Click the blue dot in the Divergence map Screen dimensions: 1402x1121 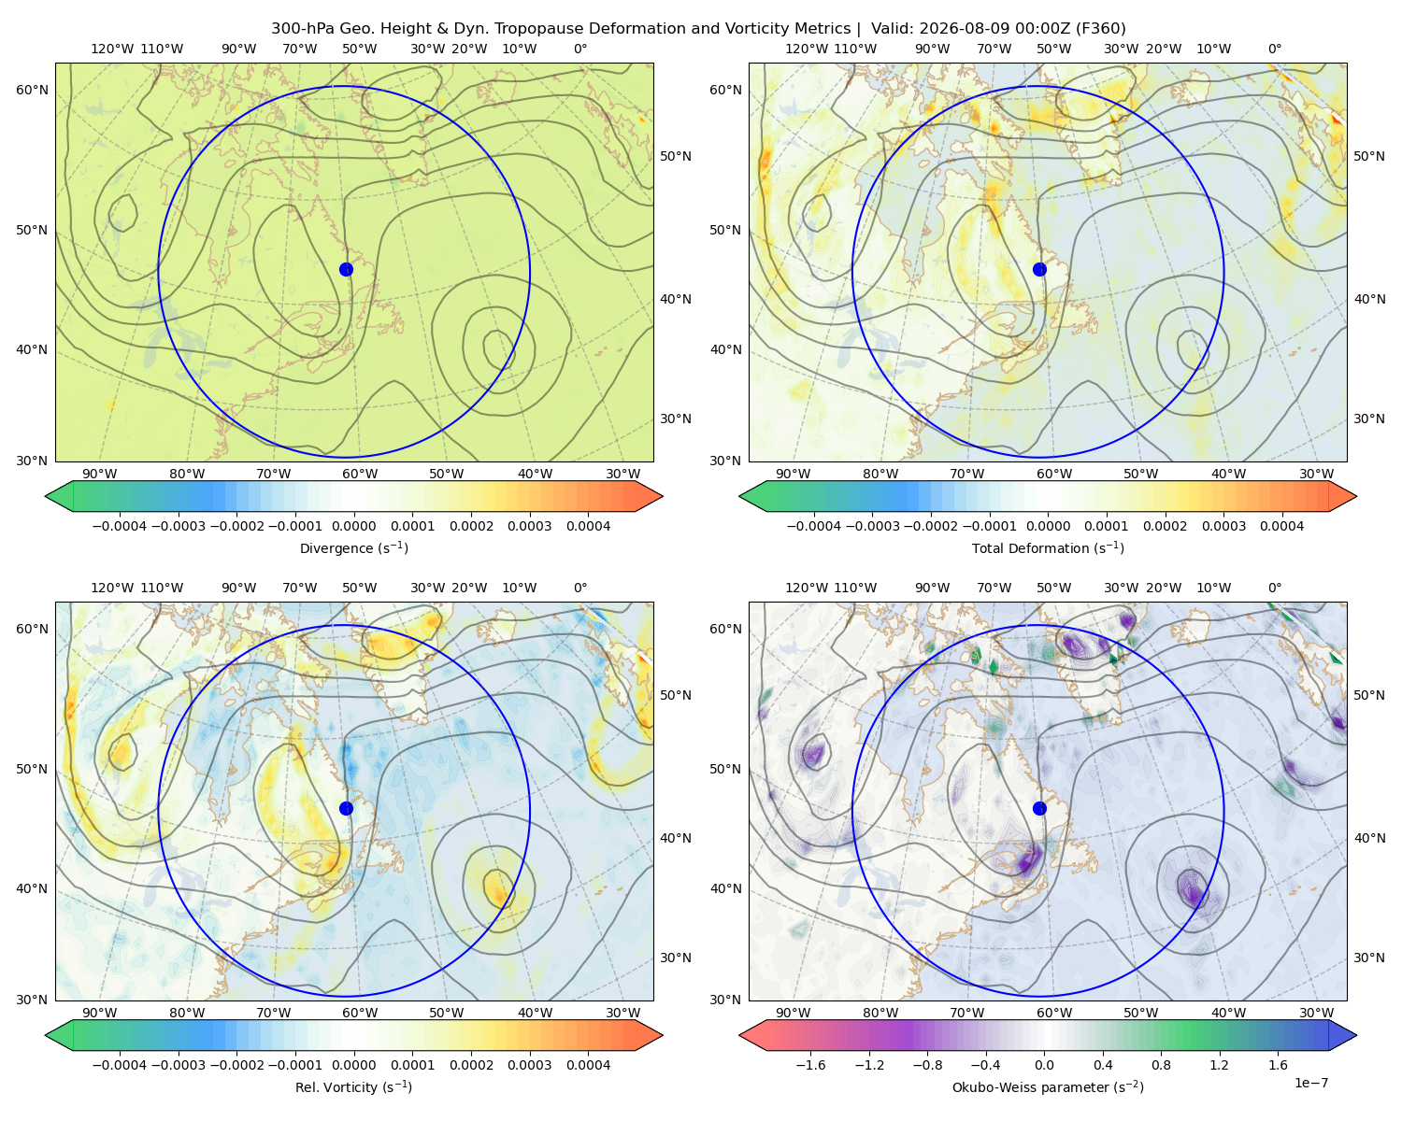pyautogui.click(x=346, y=270)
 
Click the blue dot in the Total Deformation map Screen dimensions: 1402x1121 pyautogui.click(x=1039, y=270)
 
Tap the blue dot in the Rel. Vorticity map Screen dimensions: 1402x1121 pyautogui.click(x=346, y=808)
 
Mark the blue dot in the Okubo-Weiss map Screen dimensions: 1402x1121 pyautogui.click(x=1039, y=808)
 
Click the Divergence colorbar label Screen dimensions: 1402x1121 pyautogui.click(x=353, y=548)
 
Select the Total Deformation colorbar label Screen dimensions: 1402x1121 pyautogui.click(x=1048, y=548)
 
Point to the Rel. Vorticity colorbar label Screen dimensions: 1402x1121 pyautogui.click(x=353, y=1087)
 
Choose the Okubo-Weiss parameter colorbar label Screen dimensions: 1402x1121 pyautogui.click(x=1048, y=1087)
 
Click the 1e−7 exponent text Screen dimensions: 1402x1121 pyautogui.click(x=1310, y=1084)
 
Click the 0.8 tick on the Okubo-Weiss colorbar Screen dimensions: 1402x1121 pyautogui.click(x=1161, y=1065)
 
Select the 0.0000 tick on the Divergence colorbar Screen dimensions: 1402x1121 pyautogui.click(x=353, y=526)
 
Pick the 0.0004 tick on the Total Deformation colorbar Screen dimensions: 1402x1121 pyautogui.click(x=1281, y=526)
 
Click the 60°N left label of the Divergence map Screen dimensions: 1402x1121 pyautogui.click(x=32, y=90)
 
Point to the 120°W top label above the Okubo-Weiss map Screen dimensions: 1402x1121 pyautogui.click(x=807, y=588)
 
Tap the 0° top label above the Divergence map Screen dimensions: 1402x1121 pyautogui.click(x=580, y=49)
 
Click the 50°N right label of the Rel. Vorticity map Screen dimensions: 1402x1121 pyautogui.click(x=676, y=695)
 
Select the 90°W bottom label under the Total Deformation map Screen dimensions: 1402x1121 pyautogui.click(x=793, y=475)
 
